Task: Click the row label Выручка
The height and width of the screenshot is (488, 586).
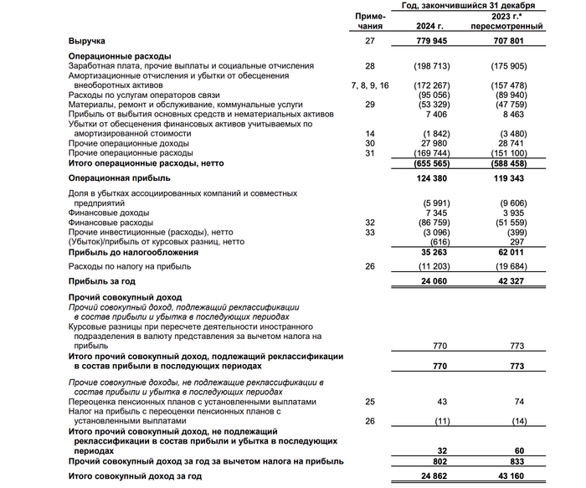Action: coord(87,40)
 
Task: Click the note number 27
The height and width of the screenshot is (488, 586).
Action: coord(370,40)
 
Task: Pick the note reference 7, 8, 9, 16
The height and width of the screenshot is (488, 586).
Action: coord(370,85)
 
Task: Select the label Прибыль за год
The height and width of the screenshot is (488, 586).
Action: coord(103,282)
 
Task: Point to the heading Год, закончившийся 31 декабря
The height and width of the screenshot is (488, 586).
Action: coord(473,6)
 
